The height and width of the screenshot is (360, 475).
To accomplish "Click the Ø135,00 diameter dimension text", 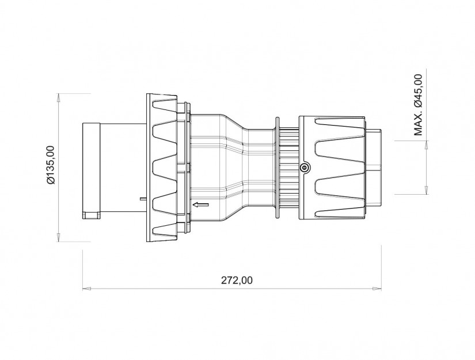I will pyautogui.click(x=51, y=165).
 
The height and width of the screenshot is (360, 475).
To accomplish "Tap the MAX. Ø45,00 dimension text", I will pyautogui.click(x=419, y=105).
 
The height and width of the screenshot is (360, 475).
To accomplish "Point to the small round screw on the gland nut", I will pyautogui.click(x=305, y=168).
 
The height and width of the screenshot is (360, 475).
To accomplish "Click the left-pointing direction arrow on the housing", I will pyautogui.click(x=200, y=204).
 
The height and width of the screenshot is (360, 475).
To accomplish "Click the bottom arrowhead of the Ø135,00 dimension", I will pyautogui.click(x=59, y=238).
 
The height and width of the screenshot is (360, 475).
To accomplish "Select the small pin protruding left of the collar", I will pyautogui.click(x=142, y=199).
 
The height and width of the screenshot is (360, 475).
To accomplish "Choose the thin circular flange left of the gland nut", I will pyautogui.click(x=277, y=167).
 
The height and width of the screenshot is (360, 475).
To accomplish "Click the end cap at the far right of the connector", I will pyautogui.click(x=374, y=167).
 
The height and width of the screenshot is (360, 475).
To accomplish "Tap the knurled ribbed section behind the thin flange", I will pyautogui.click(x=288, y=167).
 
